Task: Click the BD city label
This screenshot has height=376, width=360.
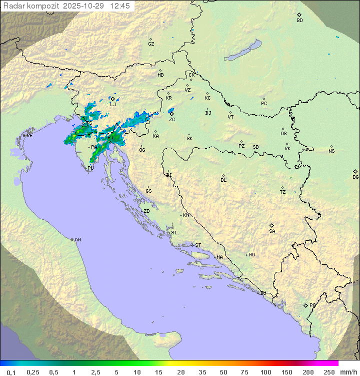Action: click(x=299, y=21)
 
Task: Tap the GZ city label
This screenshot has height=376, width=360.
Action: click(x=151, y=44)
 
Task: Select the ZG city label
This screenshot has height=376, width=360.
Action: click(x=172, y=120)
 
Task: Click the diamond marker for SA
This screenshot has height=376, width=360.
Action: click(x=272, y=225)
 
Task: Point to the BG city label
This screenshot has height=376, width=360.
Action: click(x=355, y=177)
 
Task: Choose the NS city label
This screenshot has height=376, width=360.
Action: click(x=331, y=151)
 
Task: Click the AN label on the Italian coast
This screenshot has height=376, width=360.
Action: click(x=77, y=240)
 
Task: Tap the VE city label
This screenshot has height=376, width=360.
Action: click(x=29, y=136)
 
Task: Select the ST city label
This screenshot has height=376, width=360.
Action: click(x=198, y=245)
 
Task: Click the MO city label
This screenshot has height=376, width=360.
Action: click(x=251, y=255)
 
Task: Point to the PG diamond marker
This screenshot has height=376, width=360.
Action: click(x=306, y=305)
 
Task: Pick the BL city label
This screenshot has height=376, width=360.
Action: click(x=223, y=180)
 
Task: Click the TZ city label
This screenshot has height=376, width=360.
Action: click(x=283, y=192)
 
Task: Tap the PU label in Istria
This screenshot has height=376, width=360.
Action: click(x=90, y=168)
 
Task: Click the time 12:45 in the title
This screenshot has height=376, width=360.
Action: click(x=121, y=6)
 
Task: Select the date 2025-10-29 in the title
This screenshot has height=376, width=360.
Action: click(x=84, y=6)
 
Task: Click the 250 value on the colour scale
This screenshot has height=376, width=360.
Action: click(x=328, y=372)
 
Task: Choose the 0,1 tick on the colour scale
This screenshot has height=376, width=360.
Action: click(x=11, y=372)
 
